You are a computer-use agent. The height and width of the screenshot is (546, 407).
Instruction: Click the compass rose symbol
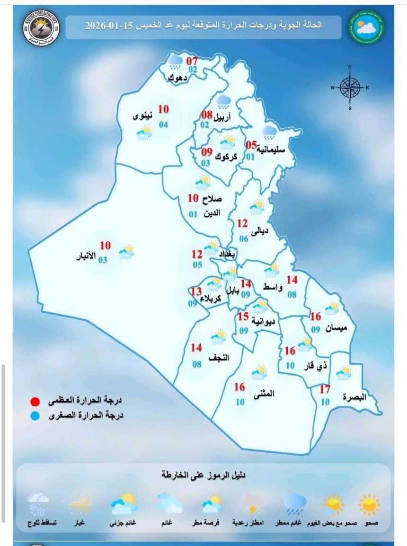[x=350, y=88]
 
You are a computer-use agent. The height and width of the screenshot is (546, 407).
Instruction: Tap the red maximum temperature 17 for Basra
[x=325, y=390]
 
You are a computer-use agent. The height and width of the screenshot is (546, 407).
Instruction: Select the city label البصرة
[x=354, y=397]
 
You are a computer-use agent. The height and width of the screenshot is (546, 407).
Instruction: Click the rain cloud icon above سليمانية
[x=270, y=132]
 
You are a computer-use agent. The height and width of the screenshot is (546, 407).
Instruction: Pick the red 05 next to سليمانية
[x=251, y=145]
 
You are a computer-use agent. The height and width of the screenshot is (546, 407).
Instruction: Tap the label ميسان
[x=337, y=327]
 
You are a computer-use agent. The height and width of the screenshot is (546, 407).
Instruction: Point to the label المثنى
[x=265, y=393]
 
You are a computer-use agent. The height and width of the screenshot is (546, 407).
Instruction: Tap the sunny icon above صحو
[x=369, y=504]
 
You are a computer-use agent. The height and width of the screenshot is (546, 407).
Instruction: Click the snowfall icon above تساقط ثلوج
[x=38, y=504]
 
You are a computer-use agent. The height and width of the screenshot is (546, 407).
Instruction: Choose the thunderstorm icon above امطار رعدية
[x=254, y=504]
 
